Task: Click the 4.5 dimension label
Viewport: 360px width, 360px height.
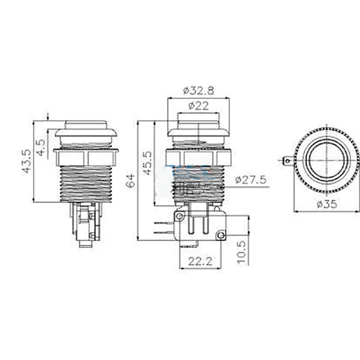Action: (41, 147)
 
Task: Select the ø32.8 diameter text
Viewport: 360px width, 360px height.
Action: (198, 90)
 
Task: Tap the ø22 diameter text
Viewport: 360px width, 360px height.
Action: (198, 106)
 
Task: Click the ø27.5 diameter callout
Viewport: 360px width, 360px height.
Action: (251, 180)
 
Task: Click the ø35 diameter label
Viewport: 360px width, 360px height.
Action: (326, 204)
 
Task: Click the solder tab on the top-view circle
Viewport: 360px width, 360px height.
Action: (287, 161)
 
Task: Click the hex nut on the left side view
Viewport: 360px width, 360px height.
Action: (86, 157)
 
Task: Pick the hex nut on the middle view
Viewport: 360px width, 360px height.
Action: (198, 157)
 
